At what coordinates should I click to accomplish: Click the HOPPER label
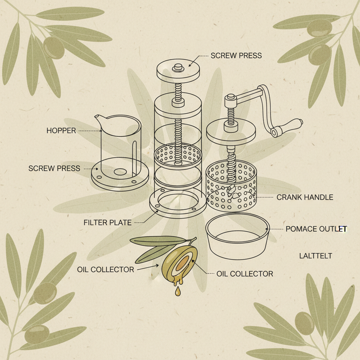61,131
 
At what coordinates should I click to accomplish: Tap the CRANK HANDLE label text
304,197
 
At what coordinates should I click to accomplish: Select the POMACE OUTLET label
316,229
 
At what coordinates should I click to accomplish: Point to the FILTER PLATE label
108,223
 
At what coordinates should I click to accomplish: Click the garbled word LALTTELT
315,256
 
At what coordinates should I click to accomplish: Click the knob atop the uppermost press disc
178,66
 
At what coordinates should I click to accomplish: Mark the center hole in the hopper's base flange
120,172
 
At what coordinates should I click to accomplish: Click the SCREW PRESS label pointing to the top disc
236,56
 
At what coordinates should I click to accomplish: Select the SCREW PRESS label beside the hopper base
54,168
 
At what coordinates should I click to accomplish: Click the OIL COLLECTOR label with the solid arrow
105,270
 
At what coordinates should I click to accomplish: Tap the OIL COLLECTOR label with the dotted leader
245,274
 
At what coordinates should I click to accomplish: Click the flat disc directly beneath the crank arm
231,132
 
